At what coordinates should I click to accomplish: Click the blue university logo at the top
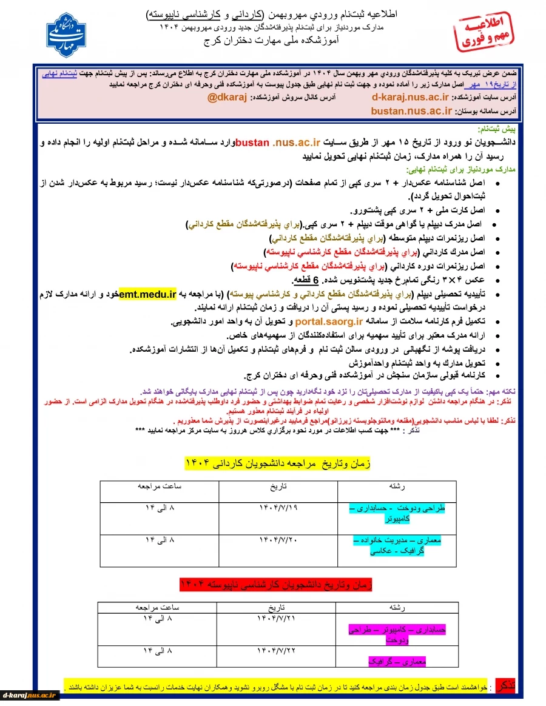pos(66,35)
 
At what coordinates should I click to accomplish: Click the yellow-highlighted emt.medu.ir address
pos(148,295)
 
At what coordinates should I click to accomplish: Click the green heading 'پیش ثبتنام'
pos(497,130)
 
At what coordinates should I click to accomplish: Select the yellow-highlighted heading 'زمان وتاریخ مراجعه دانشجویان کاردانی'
pos(277,463)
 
